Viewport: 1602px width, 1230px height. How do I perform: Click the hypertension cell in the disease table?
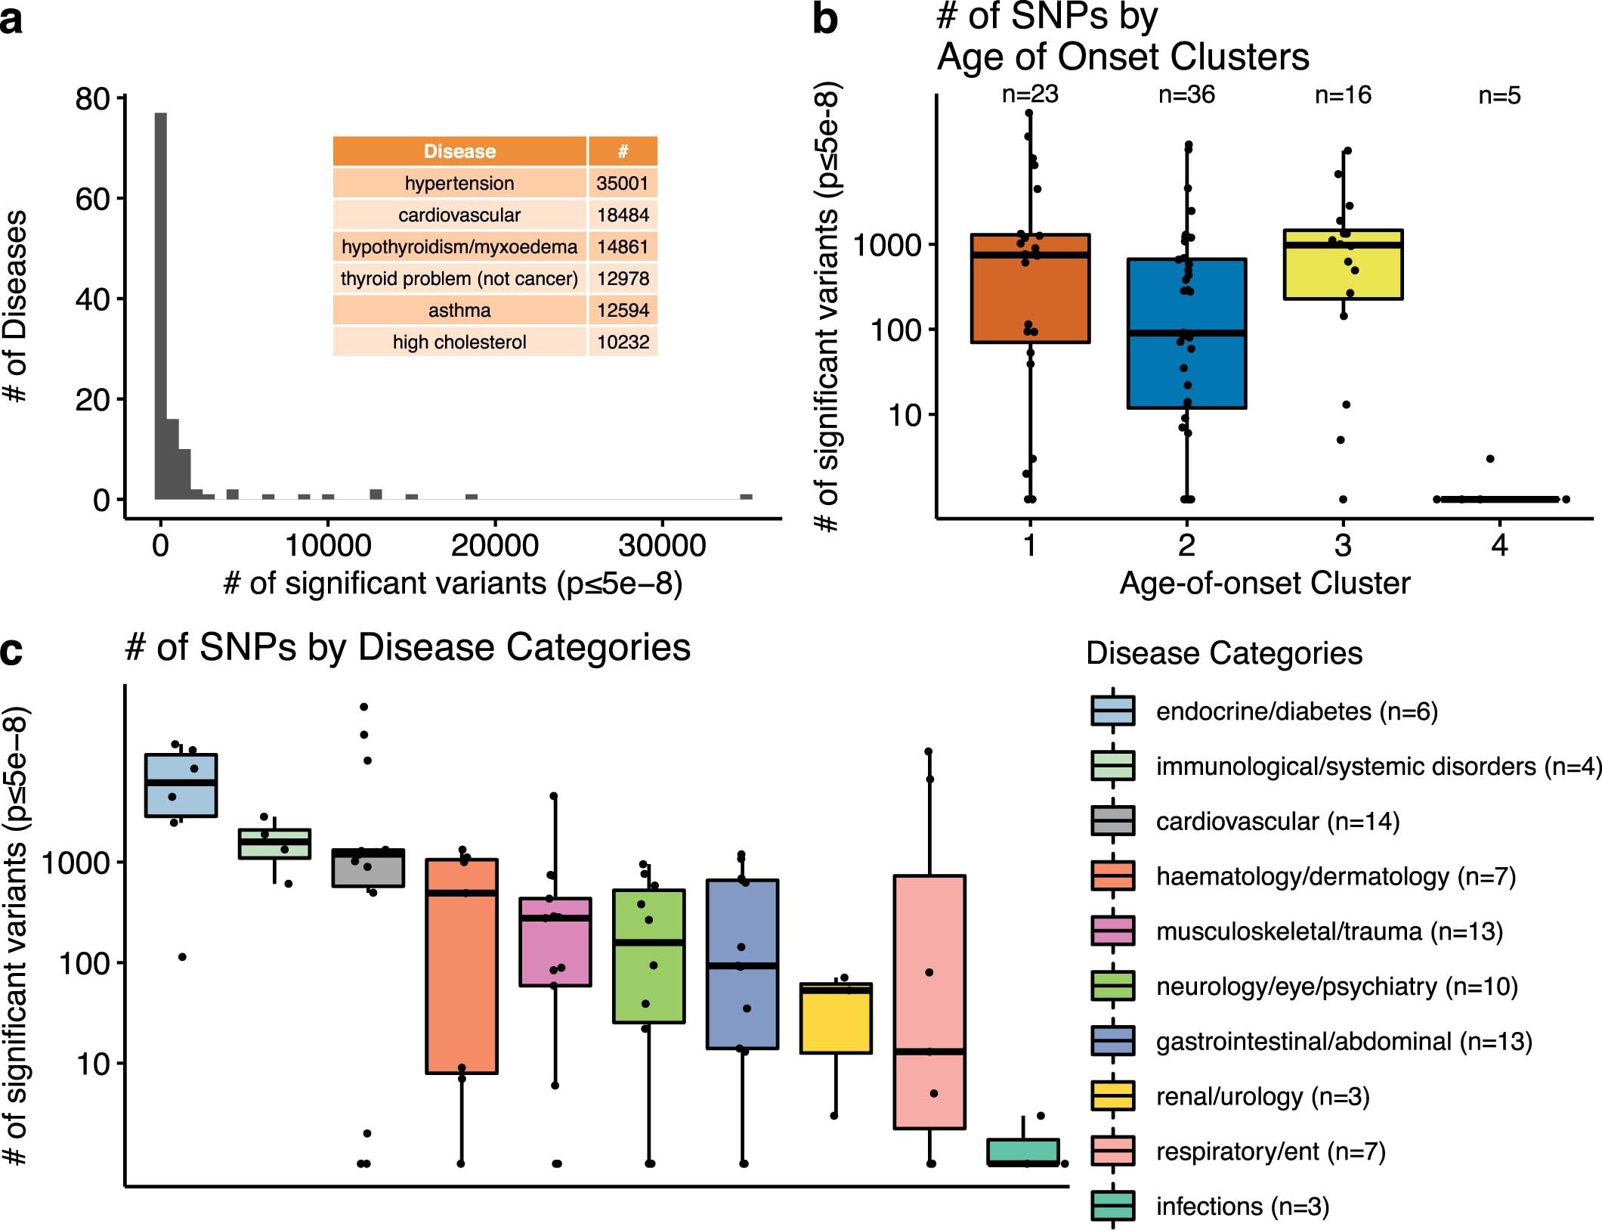459,184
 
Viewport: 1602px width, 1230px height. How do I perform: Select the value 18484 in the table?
623,215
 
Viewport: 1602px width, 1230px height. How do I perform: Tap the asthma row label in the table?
459,311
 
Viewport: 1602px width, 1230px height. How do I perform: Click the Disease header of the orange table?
459,151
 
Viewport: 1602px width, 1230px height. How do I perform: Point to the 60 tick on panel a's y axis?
92,200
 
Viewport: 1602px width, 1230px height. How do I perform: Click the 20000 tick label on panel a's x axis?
494,546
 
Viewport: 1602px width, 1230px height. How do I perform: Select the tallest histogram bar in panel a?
161,302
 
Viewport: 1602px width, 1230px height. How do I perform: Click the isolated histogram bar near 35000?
746,497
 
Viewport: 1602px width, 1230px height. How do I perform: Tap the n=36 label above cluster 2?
1186,95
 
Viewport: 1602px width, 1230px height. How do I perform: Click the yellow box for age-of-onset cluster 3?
1344,265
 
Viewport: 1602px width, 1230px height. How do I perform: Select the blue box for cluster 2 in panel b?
1186,333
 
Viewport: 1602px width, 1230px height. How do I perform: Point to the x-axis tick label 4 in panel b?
1499,545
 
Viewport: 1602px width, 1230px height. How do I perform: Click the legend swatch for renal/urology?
1112,1095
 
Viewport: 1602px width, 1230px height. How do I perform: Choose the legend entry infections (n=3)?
1242,1206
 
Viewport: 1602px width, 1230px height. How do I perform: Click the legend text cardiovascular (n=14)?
1277,821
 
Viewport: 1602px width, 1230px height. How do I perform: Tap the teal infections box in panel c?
1023,1152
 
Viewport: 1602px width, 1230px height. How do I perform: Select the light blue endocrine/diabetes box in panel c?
181,785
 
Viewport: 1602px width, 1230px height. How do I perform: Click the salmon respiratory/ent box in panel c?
929,1002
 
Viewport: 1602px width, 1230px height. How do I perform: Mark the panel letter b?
824,20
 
